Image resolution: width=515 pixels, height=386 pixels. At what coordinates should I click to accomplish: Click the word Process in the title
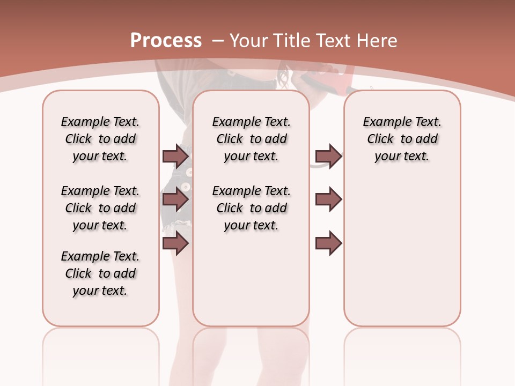(x=166, y=40)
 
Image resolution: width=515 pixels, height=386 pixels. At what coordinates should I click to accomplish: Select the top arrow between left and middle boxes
(x=175, y=157)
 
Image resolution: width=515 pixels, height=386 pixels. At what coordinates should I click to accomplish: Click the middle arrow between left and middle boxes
(x=175, y=200)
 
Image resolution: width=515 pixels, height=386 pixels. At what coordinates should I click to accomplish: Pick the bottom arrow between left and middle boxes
(x=175, y=243)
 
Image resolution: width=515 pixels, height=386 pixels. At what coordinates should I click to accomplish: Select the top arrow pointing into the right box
(x=328, y=157)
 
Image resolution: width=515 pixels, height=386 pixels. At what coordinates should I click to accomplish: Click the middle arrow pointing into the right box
(x=328, y=200)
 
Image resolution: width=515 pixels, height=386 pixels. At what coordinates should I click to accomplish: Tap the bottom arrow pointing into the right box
(x=328, y=243)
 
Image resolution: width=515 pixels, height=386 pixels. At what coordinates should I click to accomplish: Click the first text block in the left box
(x=100, y=139)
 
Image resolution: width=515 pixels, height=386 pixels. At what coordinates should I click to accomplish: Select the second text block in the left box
(x=100, y=208)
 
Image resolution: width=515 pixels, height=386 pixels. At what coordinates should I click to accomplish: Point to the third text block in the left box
(x=100, y=273)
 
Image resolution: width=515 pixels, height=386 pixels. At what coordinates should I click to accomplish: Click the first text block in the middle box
(x=251, y=139)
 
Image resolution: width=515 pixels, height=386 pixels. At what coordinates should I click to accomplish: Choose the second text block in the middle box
(x=251, y=208)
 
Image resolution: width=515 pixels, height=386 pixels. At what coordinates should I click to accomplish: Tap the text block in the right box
(x=402, y=139)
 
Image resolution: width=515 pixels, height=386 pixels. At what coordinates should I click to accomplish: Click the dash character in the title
(x=218, y=41)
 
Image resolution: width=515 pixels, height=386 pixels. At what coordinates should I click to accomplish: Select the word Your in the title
(x=248, y=41)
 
